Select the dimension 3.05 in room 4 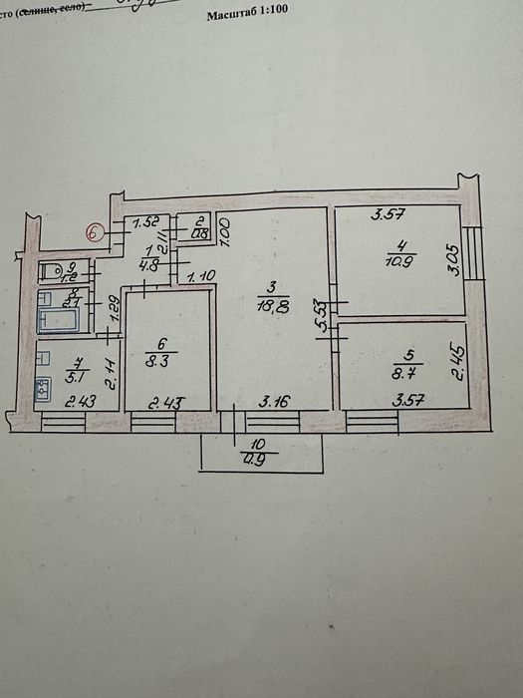coord(450,256)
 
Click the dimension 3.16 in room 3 coord(273,402)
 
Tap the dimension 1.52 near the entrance coord(146,222)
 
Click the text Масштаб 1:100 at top coord(254,17)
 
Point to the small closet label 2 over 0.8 coord(199,228)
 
